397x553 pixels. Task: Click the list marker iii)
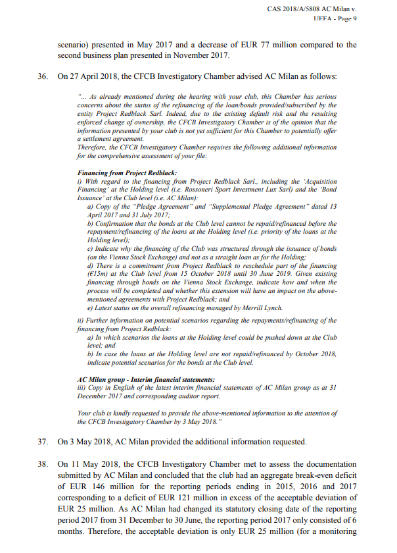tap(82, 388)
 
